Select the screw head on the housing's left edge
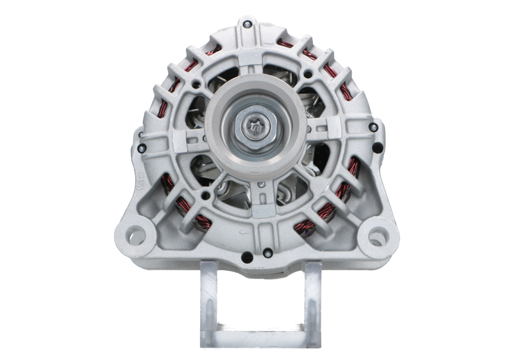point(142,150)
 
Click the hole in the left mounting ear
point(136,232)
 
